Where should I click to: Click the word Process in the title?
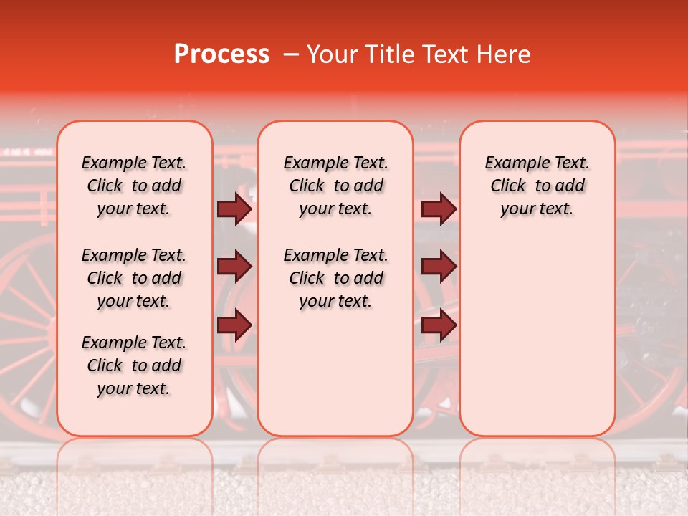(221, 54)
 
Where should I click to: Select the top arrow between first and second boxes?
(234, 209)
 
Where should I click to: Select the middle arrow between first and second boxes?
(234, 267)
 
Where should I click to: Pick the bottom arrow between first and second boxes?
(234, 325)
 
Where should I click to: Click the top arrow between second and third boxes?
(439, 209)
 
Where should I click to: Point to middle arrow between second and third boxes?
(439, 267)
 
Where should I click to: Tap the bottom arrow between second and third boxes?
(439, 325)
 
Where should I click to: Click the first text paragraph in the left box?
(134, 186)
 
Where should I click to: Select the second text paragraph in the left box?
(134, 278)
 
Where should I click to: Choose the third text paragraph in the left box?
(134, 365)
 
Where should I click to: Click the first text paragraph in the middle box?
(336, 186)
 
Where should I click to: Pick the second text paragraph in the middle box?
(336, 278)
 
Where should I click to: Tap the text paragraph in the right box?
(537, 186)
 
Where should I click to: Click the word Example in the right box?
(513, 163)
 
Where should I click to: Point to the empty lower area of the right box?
(537, 337)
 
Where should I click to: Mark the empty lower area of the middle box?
(336, 373)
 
